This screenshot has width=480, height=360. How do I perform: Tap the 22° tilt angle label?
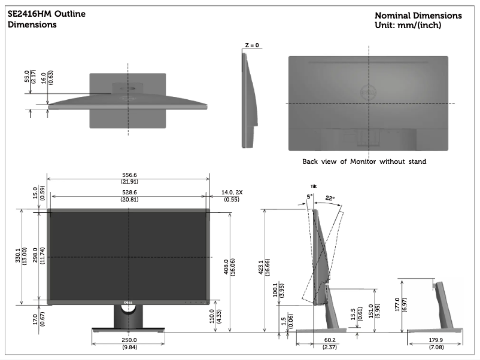click(x=330, y=198)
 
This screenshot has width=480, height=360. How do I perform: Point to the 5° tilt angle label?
click(x=310, y=196)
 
